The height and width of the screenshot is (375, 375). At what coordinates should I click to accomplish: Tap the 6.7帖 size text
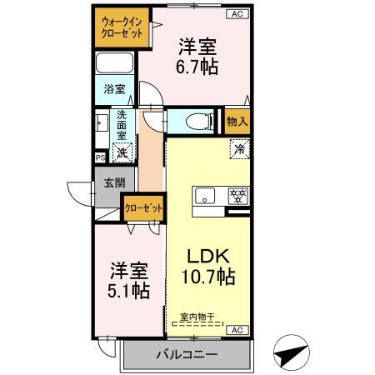tap(197, 67)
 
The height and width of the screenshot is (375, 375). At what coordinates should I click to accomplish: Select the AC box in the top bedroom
tap(236, 14)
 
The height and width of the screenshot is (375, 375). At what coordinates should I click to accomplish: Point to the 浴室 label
tap(113, 88)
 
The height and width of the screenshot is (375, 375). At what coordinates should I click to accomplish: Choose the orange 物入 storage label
tap(237, 122)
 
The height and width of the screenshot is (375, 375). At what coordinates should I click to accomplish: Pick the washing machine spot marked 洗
tap(122, 152)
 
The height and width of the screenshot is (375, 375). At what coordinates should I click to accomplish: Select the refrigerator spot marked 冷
tap(239, 151)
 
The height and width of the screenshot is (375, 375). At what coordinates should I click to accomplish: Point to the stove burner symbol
tap(237, 197)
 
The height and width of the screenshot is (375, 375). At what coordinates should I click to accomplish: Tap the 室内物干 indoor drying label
tap(197, 317)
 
